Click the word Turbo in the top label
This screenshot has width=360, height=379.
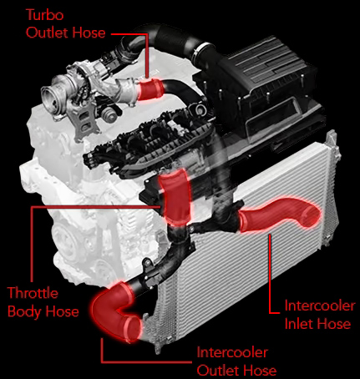pyautogui.click(x=45, y=14)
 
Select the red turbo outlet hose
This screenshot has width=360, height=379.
pyautogui.click(x=150, y=89)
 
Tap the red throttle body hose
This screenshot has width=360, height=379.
pyautogui.click(x=176, y=197)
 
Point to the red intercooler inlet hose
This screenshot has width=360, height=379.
pyautogui.click(x=278, y=215)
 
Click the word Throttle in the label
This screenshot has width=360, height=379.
pyautogui.click(x=33, y=293)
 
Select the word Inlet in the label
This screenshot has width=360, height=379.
pyautogui.click(x=299, y=324)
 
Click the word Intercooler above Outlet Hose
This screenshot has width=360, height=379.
pyautogui.click(x=232, y=352)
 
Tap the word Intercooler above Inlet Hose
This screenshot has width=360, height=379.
pyautogui.click(x=320, y=306)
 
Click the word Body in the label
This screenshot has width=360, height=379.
pyautogui.click(x=24, y=311)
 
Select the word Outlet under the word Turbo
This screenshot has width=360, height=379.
pyautogui.click(x=47, y=33)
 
